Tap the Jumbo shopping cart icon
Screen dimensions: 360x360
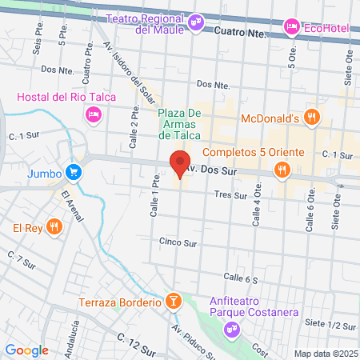[74, 171]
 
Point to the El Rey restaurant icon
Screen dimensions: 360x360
[54, 226]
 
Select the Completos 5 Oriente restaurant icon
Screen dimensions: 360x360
[281, 169]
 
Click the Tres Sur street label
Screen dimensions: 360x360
[230, 194]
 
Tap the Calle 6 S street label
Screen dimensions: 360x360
[241, 278]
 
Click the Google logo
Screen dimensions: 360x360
[27, 350]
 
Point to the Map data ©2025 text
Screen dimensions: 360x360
[325, 353]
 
